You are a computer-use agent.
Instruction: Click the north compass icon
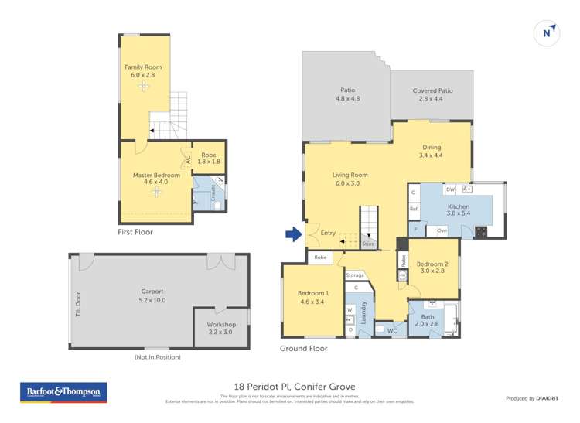[547, 33]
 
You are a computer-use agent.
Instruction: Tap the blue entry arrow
[292, 233]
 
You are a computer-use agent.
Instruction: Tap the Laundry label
[363, 313]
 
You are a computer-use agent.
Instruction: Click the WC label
[392, 331]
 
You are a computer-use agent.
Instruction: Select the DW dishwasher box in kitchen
[449, 189]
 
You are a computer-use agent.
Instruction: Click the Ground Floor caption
[303, 349]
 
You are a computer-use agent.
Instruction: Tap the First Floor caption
[135, 232]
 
